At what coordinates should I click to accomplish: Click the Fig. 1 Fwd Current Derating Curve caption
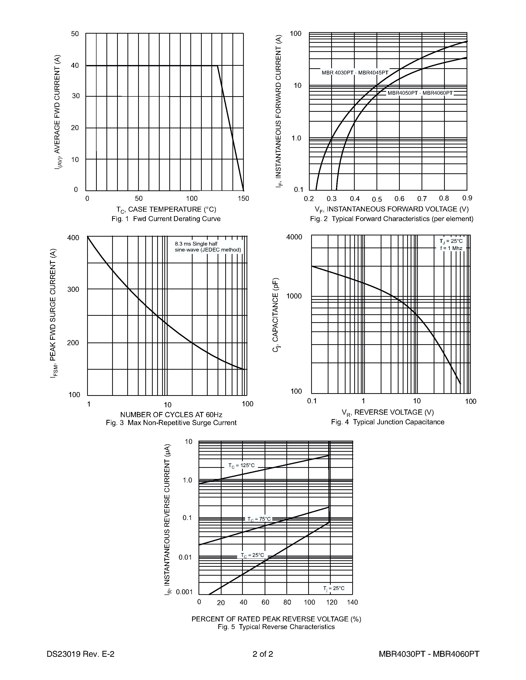(x=166, y=219)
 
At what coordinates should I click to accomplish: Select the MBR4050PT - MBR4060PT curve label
(x=420, y=93)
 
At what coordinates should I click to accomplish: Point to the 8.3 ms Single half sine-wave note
(x=208, y=247)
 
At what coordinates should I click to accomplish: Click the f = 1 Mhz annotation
(x=451, y=248)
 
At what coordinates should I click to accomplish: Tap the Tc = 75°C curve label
(x=259, y=519)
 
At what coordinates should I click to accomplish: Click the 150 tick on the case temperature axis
(x=243, y=199)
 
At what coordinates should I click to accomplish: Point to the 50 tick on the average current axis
(x=75, y=34)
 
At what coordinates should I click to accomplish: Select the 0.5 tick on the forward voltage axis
(x=377, y=199)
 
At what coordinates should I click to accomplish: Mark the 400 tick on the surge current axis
(x=73, y=238)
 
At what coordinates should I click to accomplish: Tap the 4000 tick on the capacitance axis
(x=294, y=237)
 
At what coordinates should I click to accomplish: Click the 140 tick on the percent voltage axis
(x=352, y=602)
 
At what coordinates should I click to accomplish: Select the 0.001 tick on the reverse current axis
(x=184, y=592)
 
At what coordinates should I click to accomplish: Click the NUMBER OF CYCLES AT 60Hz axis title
(x=171, y=415)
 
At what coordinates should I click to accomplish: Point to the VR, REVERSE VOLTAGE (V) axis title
(x=388, y=412)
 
